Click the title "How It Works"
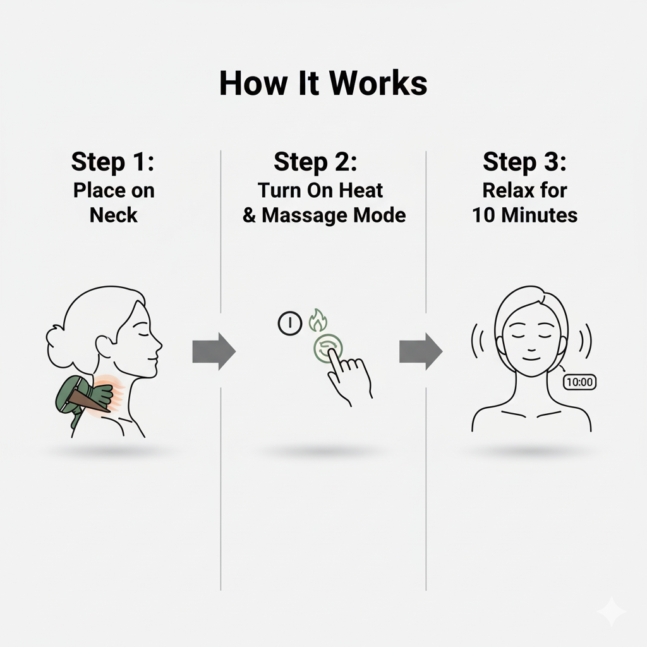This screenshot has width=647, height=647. pos(323,83)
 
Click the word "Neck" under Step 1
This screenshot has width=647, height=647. pos(113,215)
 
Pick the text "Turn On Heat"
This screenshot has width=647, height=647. pos(320,190)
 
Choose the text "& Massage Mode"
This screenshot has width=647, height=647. pos(323,215)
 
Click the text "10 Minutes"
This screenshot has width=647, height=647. pos(524,215)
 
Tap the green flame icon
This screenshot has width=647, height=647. pos(316,321)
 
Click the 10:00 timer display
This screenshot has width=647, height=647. pos(579,382)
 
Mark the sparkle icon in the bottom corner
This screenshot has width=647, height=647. pos(611,611)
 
